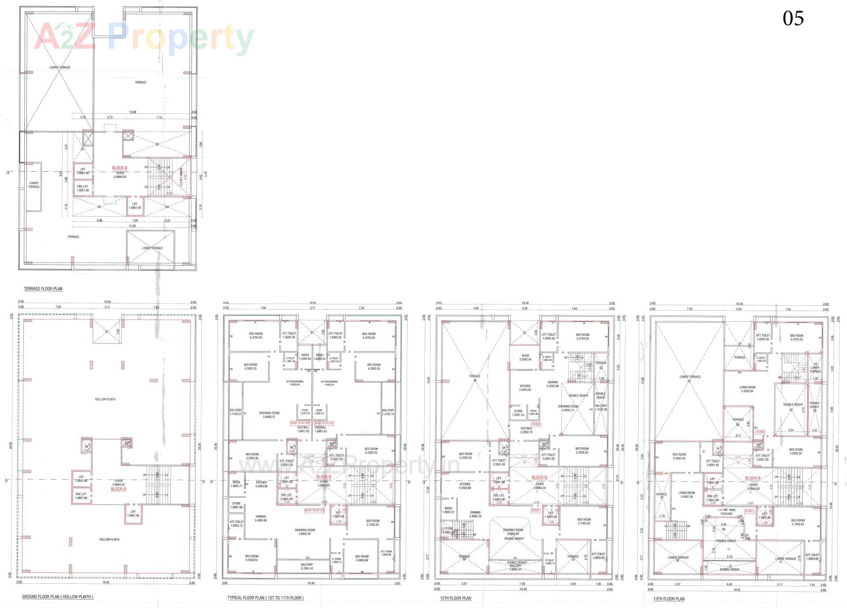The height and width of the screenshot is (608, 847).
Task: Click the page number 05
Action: coord(793,19)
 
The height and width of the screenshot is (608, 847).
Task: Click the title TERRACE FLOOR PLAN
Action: coord(43,289)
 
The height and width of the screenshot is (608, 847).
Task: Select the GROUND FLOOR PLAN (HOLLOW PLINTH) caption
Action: coord(57,597)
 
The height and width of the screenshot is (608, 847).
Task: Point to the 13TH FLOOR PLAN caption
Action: coord(669,599)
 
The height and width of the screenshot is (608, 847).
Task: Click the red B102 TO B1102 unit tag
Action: coord(300,423)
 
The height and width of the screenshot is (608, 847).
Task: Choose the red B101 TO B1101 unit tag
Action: coord(314,510)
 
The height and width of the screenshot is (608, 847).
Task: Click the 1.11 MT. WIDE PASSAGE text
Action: coord(727,511)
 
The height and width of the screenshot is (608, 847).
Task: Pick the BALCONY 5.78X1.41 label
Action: coord(307,567)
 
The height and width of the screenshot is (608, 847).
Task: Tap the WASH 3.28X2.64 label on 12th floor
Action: coord(525,357)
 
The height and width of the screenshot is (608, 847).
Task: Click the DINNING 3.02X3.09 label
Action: coord(552,384)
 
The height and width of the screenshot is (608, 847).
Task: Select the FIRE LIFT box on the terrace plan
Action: coord(82,188)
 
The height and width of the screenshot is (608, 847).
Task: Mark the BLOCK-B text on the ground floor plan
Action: coord(119,489)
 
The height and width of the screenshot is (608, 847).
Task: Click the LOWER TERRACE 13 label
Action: coord(786,560)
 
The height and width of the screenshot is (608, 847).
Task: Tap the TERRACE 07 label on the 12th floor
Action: coord(573,558)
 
